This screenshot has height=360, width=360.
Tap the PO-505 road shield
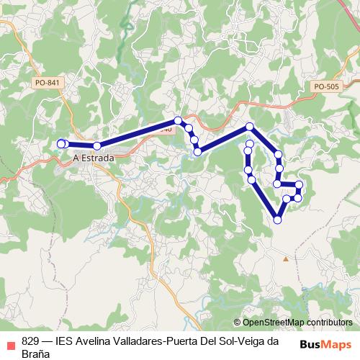click(326, 86)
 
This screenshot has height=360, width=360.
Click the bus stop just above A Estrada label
click(96, 146)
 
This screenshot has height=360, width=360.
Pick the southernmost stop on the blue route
click(278, 220)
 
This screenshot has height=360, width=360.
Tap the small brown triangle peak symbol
click(286, 258)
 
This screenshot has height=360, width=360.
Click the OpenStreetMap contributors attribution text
click(297, 323)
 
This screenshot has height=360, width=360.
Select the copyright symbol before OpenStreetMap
click(237, 323)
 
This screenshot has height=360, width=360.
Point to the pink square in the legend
click(11, 343)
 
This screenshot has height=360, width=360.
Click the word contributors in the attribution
click(325, 323)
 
